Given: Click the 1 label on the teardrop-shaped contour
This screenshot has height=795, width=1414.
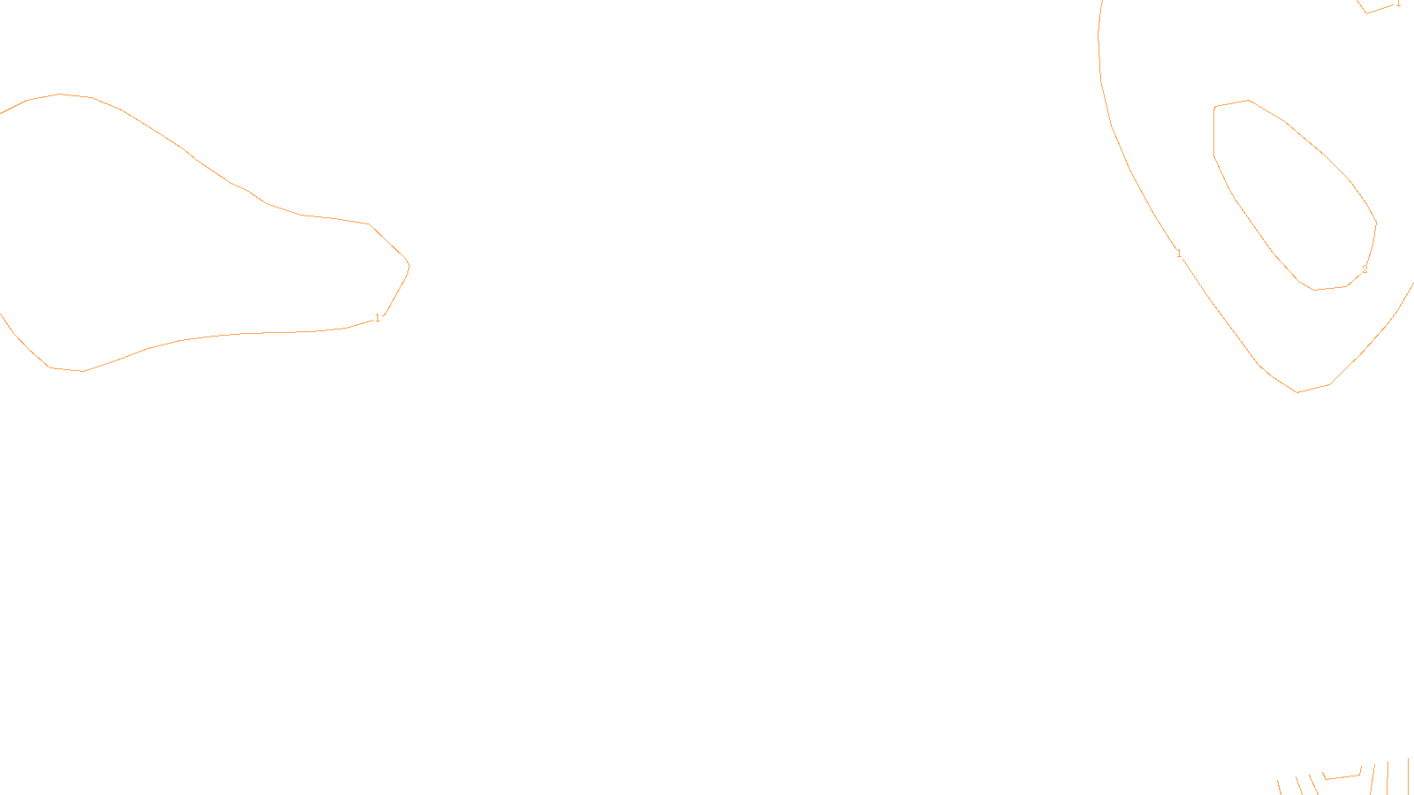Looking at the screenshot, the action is tap(377, 318).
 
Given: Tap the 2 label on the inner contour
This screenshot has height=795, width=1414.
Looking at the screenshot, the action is tap(1365, 269).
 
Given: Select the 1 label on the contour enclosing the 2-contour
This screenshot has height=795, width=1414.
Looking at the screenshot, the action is tap(1179, 254).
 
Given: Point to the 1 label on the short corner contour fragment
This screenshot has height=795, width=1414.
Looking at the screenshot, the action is tap(1398, 4).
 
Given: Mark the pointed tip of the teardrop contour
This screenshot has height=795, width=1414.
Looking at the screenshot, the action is tap(409, 264).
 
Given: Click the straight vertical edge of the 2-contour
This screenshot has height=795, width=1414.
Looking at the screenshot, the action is tap(1214, 132).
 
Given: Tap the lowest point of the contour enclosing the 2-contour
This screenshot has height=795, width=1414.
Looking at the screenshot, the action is tap(1297, 391).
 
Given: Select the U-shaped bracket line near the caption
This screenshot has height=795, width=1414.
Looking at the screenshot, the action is tap(1342, 776).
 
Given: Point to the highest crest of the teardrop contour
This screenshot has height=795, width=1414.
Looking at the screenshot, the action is tap(59, 94).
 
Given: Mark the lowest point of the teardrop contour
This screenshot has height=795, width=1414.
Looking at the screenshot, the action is tap(82, 371).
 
